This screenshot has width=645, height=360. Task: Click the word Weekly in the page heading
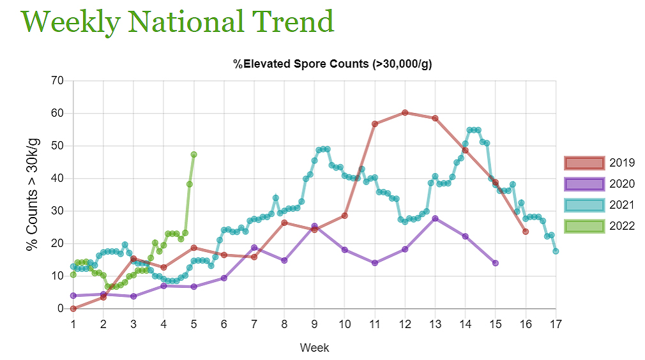click(x=70, y=22)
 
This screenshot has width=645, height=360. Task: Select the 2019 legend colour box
click(x=584, y=163)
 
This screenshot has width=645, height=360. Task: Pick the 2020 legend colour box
click(x=584, y=184)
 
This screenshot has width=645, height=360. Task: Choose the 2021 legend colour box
click(x=584, y=205)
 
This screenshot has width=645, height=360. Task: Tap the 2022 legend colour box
click(x=584, y=226)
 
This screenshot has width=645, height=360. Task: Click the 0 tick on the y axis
click(x=61, y=308)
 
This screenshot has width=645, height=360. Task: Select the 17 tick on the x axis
click(x=556, y=324)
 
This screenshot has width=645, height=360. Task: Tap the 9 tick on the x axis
click(x=314, y=324)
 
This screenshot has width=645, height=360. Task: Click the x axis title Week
click(x=314, y=348)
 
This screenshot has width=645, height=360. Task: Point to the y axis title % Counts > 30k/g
click(x=32, y=194)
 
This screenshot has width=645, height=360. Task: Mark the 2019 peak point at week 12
click(x=405, y=112)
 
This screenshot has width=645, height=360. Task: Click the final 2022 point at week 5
click(x=193, y=154)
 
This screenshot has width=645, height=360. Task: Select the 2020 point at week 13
click(x=435, y=218)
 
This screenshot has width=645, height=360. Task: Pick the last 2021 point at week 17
click(x=556, y=251)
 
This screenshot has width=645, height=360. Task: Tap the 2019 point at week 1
click(x=73, y=308)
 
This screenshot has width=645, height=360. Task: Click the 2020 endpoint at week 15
click(x=496, y=263)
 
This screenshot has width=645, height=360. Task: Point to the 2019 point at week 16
click(x=526, y=231)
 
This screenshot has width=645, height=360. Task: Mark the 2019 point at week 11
click(x=375, y=124)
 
